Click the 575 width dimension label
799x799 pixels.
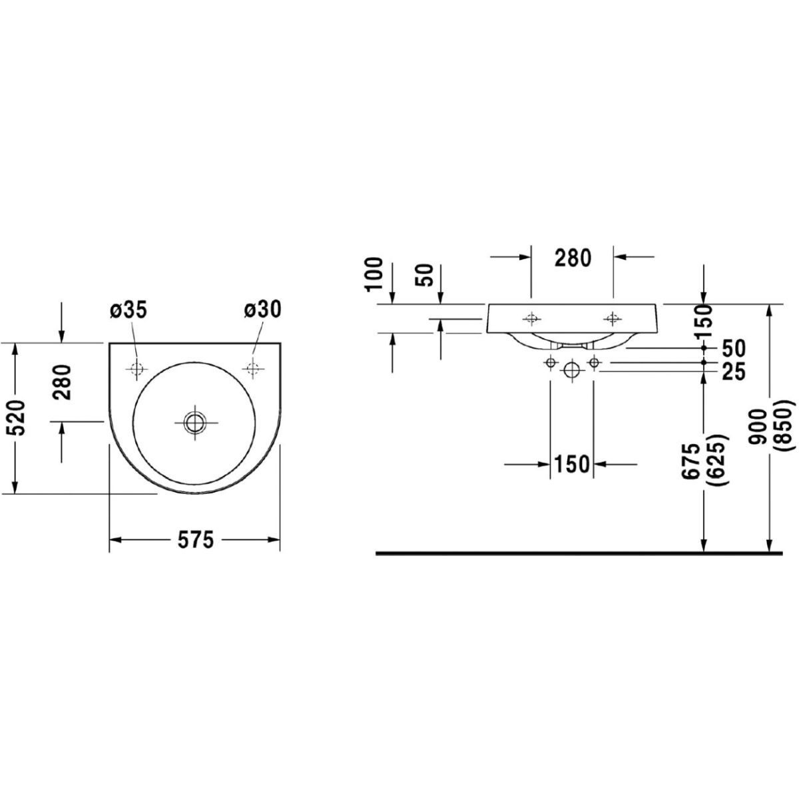coord(196,539)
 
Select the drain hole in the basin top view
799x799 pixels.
coord(194,423)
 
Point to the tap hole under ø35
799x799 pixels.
coord(136,368)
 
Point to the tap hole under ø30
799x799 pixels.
coord(252,368)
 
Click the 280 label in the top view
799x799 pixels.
coord(62,382)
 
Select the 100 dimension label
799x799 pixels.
coord(375,274)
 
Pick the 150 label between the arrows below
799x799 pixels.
coord(572,464)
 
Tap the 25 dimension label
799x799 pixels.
coord(734,371)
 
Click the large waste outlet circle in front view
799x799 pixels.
coord(572,369)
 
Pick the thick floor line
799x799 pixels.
coord(579,553)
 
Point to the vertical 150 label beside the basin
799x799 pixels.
coord(704,321)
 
